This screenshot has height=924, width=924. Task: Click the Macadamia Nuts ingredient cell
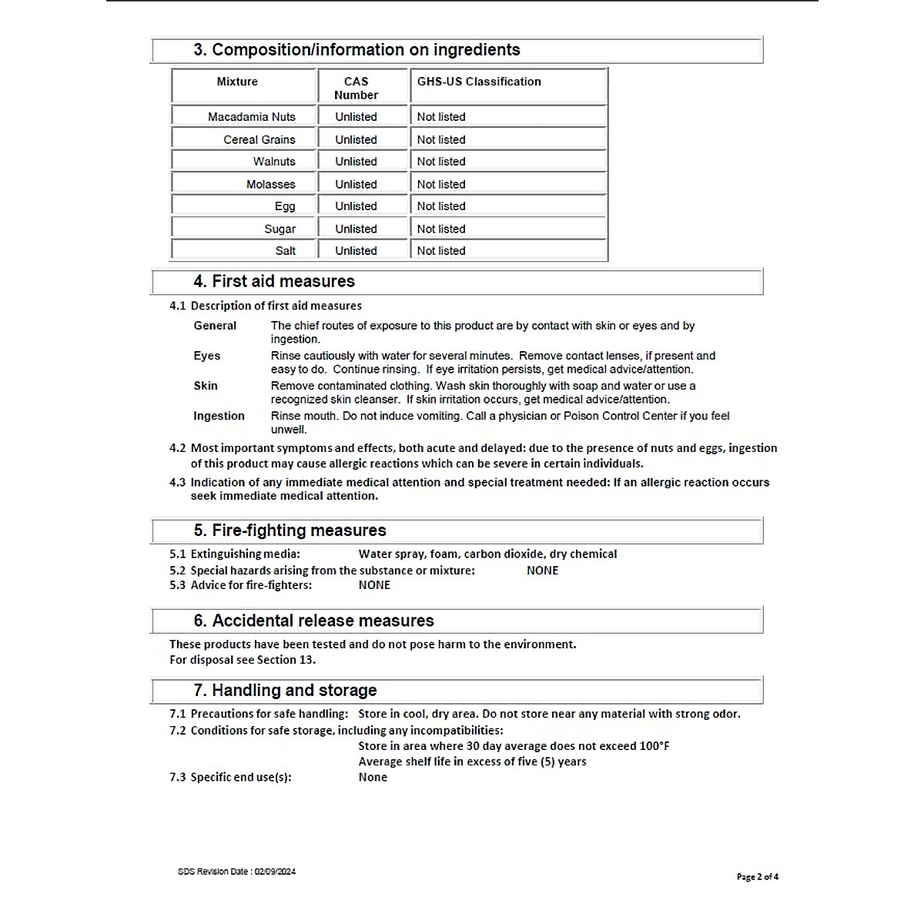[x=251, y=117]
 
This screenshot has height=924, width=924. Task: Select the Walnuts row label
[x=274, y=162]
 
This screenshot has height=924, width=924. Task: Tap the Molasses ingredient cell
[x=270, y=185]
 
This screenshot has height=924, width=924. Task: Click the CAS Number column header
[x=356, y=88]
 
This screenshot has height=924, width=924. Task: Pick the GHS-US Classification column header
[x=479, y=82]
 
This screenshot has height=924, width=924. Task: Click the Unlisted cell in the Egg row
[x=356, y=206]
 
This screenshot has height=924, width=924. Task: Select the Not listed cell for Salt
[x=441, y=251]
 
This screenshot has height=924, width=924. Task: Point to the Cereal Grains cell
[x=259, y=140]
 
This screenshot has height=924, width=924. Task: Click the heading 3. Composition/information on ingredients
[x=357, y=50]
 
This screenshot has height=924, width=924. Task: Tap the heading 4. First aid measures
[x=274, y=282]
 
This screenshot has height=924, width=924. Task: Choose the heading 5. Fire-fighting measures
[x=290, y=531]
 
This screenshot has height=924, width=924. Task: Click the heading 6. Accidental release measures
[x=313, y=621]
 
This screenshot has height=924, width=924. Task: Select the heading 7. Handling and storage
[x=285, y=691]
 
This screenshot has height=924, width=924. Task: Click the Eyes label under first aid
[x=207, y=356]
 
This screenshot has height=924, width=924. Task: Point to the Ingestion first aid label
[x=219, y=416]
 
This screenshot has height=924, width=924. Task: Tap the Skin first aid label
[x=206, y=386]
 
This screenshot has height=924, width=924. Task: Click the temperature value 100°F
[x=654, y=746]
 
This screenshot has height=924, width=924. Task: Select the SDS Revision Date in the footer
[x=236, y=872]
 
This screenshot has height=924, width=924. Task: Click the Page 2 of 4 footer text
[x=758, y=877]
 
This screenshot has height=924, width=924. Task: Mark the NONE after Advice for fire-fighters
[x=374, y=585]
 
